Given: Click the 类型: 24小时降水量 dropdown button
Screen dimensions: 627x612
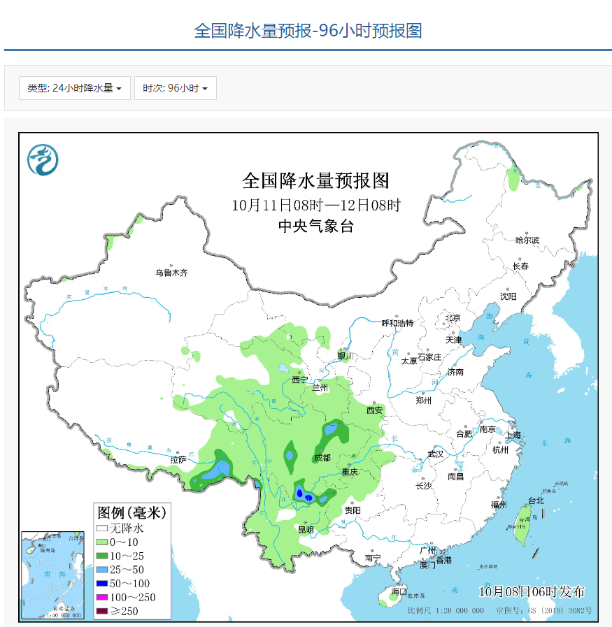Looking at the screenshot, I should tap(74, 88).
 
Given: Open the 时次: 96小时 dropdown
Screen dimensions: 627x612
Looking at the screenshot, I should tap(175, 88).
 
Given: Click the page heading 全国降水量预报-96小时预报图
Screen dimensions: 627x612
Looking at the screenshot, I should tap(307, 31).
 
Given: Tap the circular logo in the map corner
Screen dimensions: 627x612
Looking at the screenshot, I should tap(43, 160).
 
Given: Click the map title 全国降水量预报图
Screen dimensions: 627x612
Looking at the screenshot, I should tap(315, 180).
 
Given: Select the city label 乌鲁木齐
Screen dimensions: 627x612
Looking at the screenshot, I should tap(171, 273).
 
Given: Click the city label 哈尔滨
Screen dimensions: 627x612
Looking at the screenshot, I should tap(527, 240).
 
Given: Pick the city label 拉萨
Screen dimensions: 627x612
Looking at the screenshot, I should tap(178, 460).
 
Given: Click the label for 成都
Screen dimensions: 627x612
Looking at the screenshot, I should tap(322, 459).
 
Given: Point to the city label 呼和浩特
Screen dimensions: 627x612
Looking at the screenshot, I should tap(397, 323).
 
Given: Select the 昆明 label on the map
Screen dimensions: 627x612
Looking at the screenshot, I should tap(306, 529).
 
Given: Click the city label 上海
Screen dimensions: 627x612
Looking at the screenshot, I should tap(513, 435).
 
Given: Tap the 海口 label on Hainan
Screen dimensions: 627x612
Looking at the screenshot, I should tap(399, 591).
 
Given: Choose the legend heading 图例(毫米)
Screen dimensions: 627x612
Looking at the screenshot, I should tap(131, 512).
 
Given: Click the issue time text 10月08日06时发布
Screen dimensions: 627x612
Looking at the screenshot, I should tap(532, 591).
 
